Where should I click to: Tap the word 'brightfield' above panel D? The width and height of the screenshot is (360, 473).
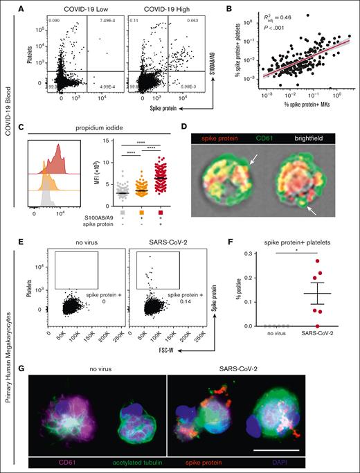[x=309, y=129]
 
